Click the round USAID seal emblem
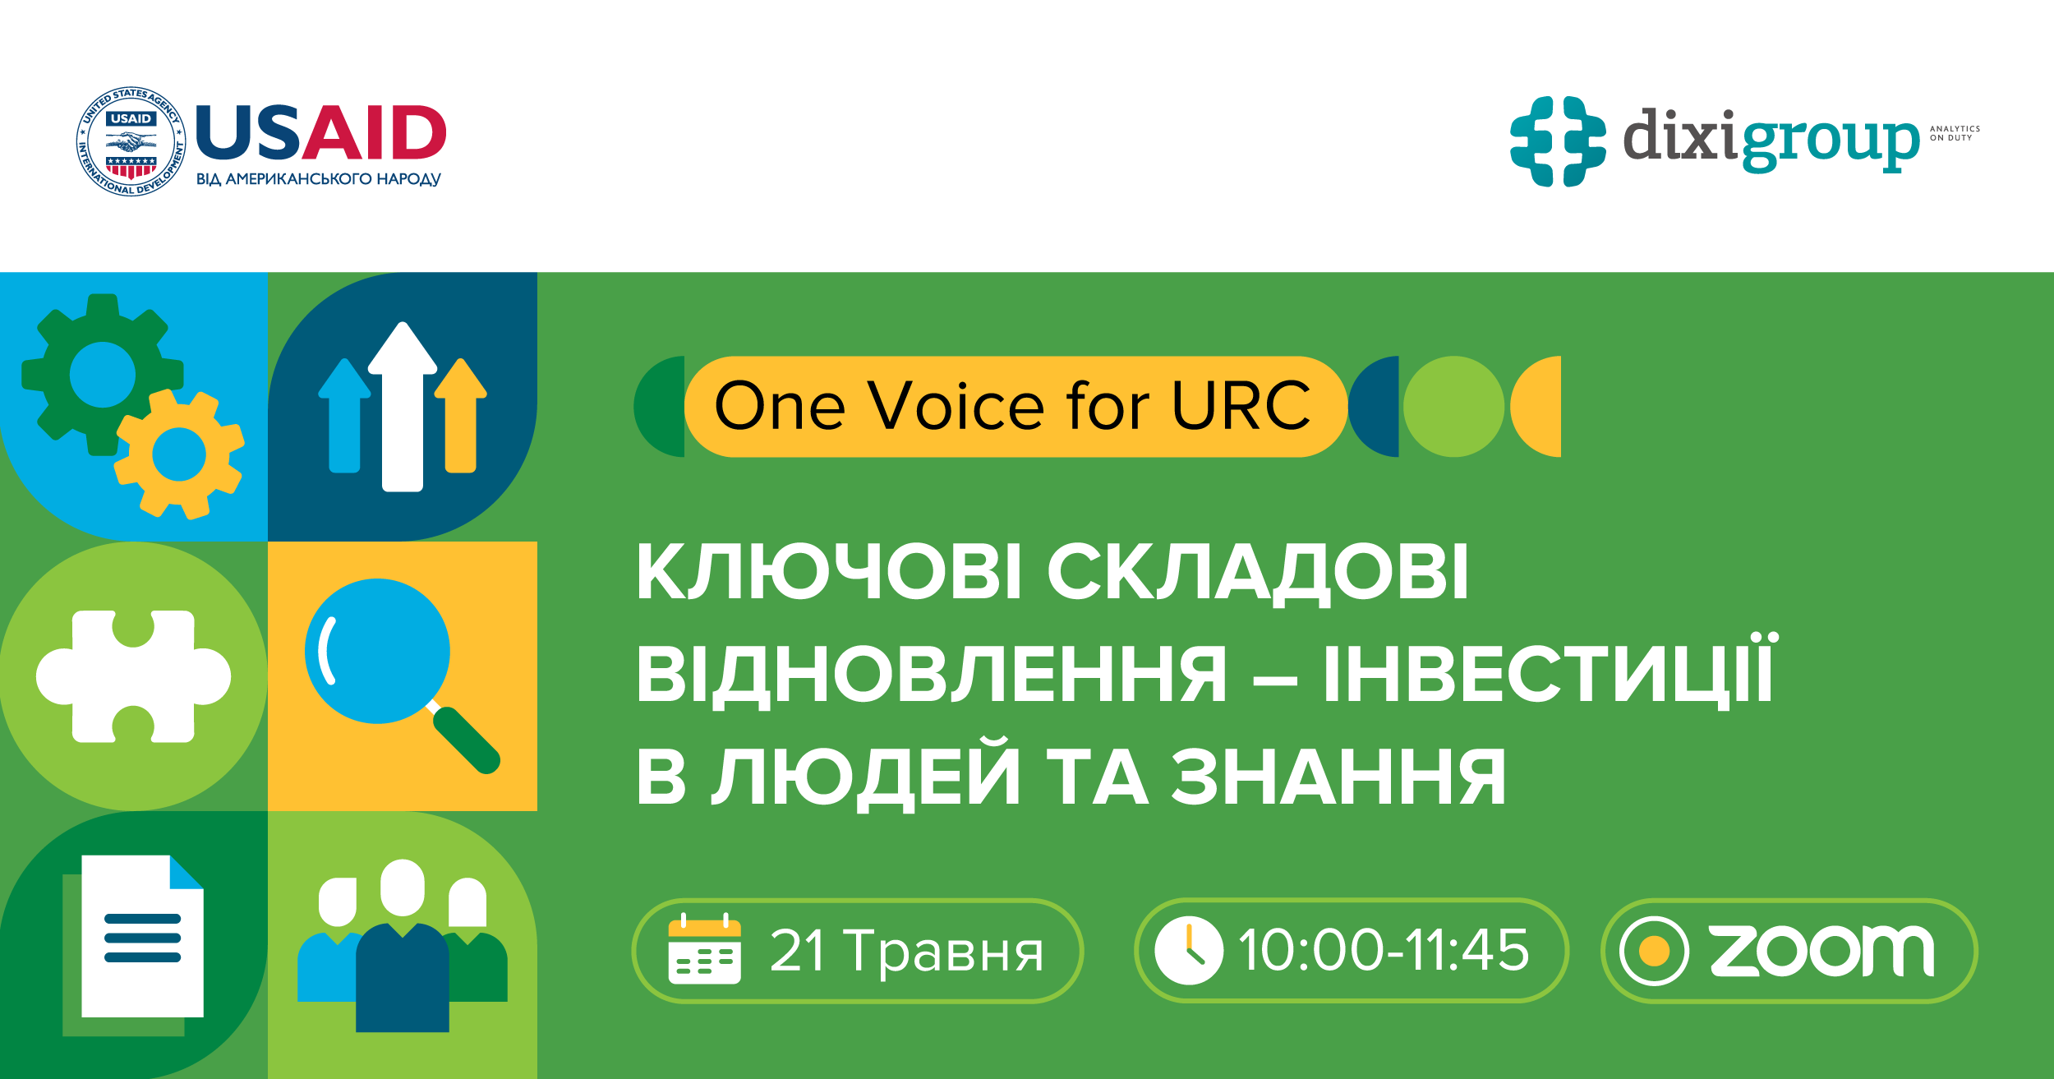coord(131,141)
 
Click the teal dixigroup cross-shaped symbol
coord(1558,141)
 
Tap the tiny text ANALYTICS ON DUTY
coord(1955,133)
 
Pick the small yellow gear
coord(179,454)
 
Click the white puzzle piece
coord(134,676)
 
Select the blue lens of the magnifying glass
coord(377,651)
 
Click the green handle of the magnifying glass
coord(467,741)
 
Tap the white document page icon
coord(142,936)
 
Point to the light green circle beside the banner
coord(1453,406)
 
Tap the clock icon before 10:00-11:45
coord(1188,950)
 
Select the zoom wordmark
coord(1821,951)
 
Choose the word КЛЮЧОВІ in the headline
coord(830,572)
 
